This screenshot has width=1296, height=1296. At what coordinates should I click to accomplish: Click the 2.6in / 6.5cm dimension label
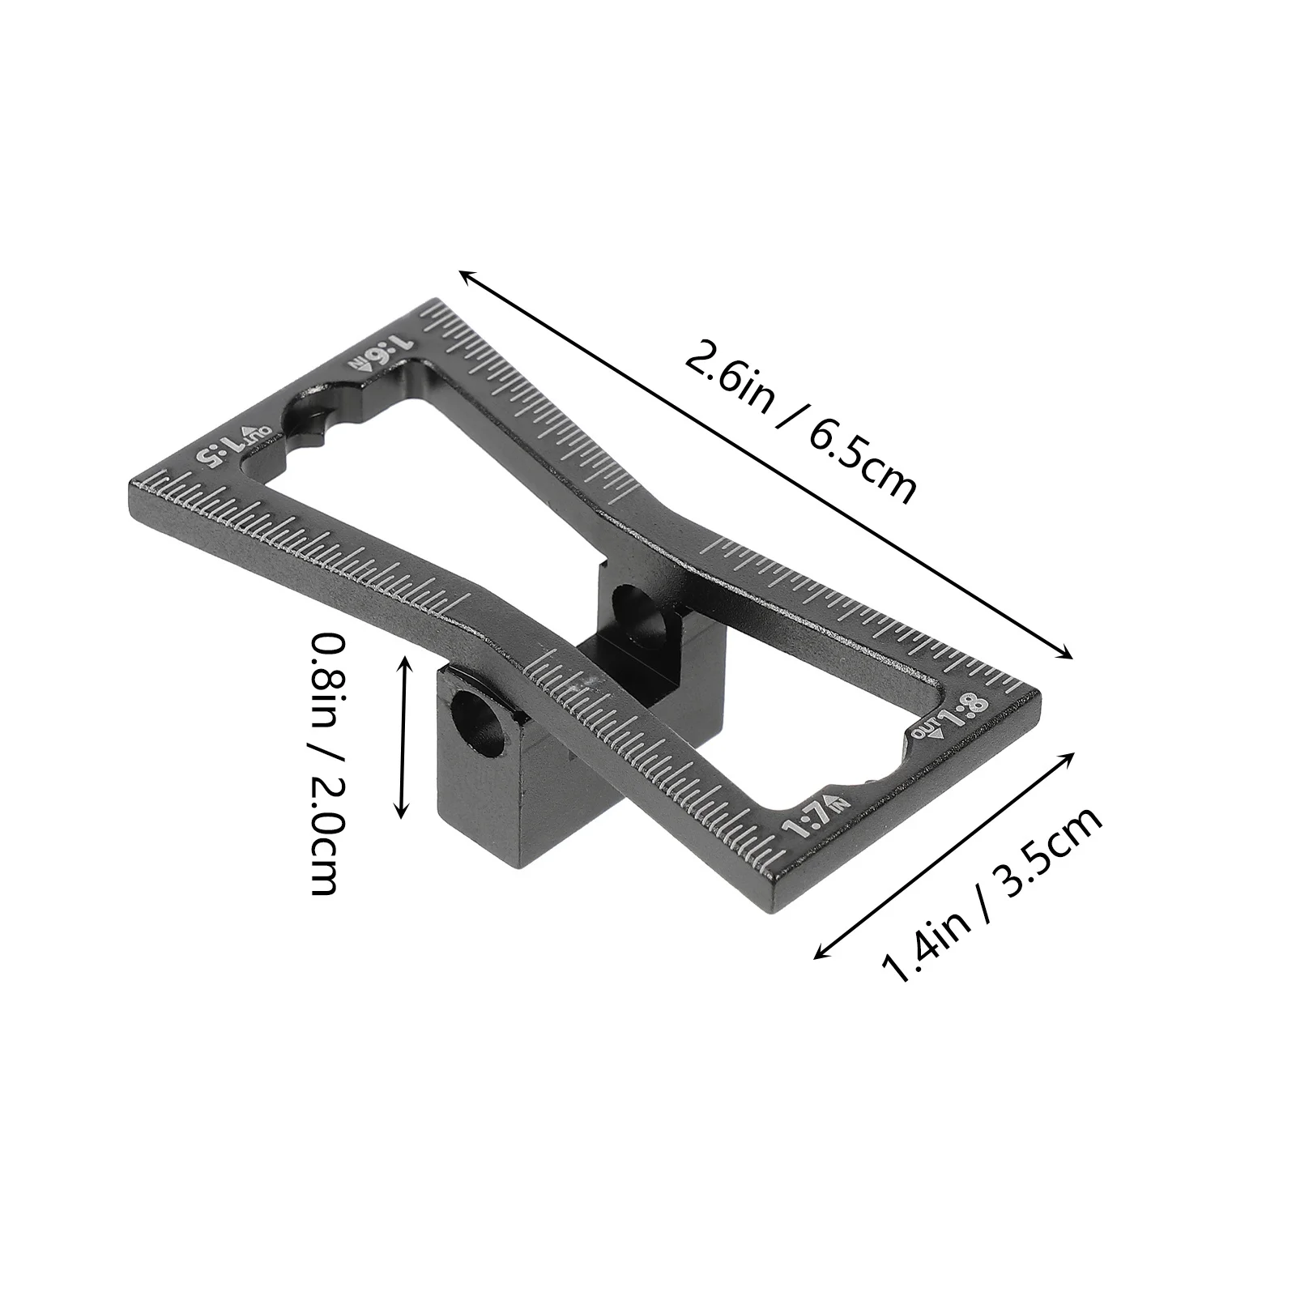[x=800, y=420]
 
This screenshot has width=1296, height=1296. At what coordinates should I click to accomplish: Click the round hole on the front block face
[x=480, y=714]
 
